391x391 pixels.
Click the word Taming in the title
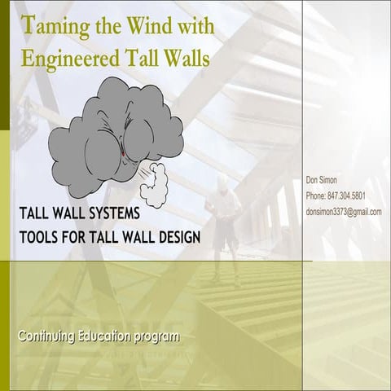(55, 27)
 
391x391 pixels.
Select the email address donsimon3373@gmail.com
(344, 212)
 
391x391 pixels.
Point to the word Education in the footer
(111, 336)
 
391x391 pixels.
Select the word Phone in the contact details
(315, 196)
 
